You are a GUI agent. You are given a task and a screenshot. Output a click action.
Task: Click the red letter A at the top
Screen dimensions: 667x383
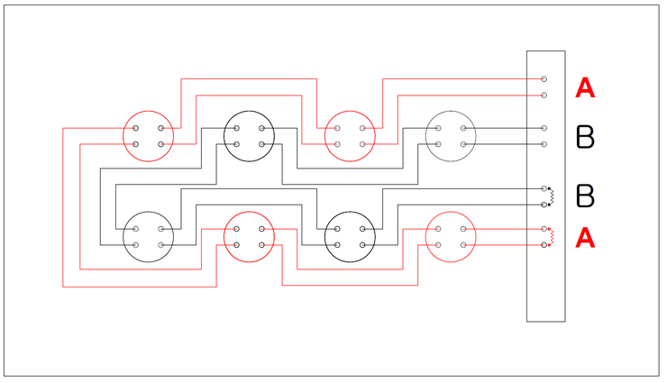point(585,88)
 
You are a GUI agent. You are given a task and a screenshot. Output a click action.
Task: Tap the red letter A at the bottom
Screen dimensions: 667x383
point(585,238)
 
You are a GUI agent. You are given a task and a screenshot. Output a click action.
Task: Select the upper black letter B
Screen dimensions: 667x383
point(585,137)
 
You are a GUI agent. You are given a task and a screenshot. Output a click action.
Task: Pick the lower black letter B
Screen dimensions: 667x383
point(585,195)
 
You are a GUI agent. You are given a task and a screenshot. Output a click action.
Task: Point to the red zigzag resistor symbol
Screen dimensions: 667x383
point(553,238)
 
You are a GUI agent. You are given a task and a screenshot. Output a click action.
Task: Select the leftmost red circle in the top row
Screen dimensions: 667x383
point(148,135)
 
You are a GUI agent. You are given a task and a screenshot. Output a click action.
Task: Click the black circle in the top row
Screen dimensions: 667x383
point(249,135)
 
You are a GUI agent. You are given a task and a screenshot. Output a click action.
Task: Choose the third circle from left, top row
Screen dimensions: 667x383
point(350,135)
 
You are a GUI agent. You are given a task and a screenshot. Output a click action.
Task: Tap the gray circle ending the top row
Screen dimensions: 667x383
point(451,135)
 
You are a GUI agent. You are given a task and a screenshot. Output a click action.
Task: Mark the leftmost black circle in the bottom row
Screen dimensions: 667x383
point(148,236)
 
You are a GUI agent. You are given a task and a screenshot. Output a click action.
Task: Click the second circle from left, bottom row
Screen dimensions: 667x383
point(249,236)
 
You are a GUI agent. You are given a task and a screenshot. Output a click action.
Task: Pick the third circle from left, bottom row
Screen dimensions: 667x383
point(350,236)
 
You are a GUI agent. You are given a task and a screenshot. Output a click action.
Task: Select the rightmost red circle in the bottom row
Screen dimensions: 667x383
point(451,236)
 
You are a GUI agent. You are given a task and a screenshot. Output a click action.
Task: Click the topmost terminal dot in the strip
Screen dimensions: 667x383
point(544,79)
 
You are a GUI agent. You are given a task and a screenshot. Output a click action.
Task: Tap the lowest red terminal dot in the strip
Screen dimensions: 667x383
point(544,245)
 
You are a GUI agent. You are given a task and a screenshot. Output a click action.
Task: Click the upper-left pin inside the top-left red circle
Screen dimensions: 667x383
point(136,128)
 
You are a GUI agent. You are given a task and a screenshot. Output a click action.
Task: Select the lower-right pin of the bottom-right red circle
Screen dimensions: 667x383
point(463,245)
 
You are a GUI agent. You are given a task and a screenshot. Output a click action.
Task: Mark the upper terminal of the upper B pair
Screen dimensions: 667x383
point(544,128)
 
